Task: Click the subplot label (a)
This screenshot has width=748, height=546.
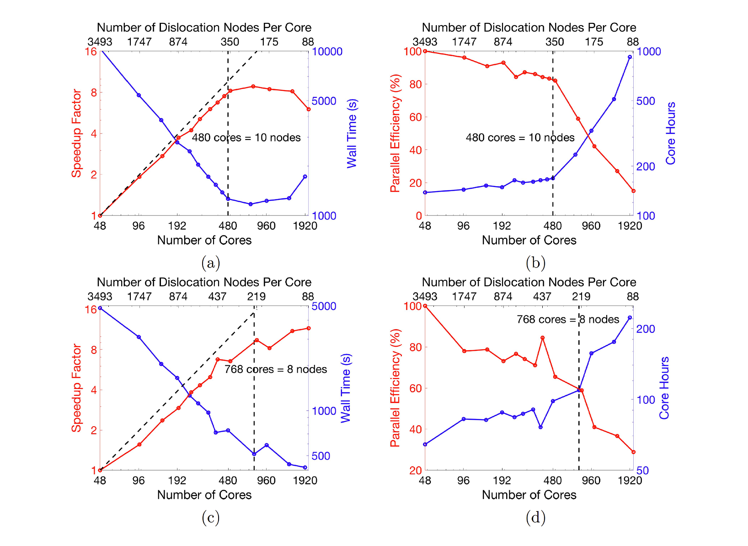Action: tap(211, 263)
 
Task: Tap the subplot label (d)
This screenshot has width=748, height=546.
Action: tap(535, 518)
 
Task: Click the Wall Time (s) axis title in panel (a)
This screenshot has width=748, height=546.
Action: tap(352, 134)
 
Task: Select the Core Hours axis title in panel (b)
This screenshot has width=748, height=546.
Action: tap(670, 134)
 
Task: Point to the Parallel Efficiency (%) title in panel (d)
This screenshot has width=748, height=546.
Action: tap(395, 388)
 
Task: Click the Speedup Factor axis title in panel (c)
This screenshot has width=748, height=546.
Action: tap(76, 388)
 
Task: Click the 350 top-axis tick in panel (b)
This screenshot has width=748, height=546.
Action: tap(555, 42)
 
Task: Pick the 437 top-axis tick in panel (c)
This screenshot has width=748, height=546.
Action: tap(217, 297)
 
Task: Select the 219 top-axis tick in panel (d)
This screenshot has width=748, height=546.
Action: tap(581, 297)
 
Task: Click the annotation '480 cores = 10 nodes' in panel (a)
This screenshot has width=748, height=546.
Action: tap(246, 138)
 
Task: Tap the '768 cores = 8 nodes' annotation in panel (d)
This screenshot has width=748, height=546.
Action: tap(568, 320)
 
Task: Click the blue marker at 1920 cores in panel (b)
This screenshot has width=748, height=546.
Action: tap(630, 57)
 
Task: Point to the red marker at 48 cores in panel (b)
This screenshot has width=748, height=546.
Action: tap(425, 51)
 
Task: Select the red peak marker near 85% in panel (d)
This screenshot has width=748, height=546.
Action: tap(542, 338)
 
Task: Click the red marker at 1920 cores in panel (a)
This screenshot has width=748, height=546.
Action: tap(309, 109)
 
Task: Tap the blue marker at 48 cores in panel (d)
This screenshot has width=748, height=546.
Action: tap(425, 444)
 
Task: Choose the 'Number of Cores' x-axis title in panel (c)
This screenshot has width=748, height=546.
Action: tap(204, 495)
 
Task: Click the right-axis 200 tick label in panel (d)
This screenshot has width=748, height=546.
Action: tap(646, 329)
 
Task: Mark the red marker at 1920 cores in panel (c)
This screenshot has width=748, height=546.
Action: tap(309, 328)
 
